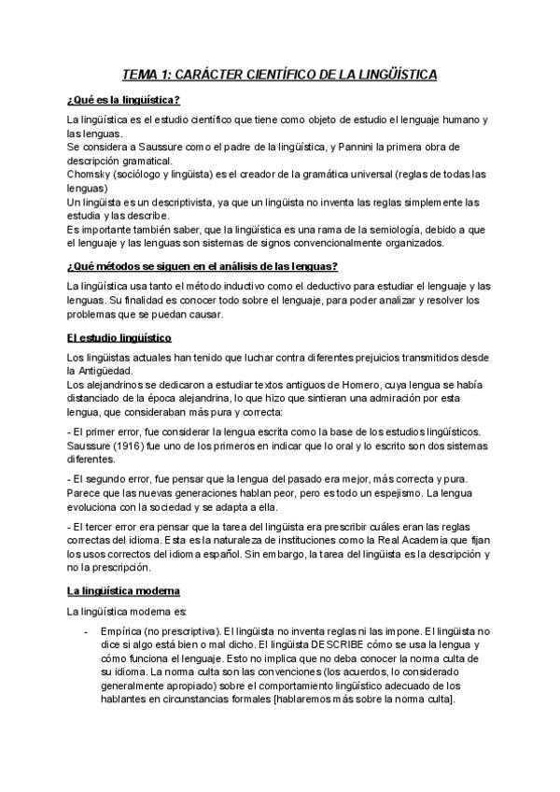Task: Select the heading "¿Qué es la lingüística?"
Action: click(123, 100)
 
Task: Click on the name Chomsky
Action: click(91, 175)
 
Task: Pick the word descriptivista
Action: click(183, 202)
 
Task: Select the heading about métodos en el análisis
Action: click(202, 266)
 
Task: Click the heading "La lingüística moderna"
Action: click(129, 591)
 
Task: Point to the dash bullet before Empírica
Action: click(87, 631)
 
